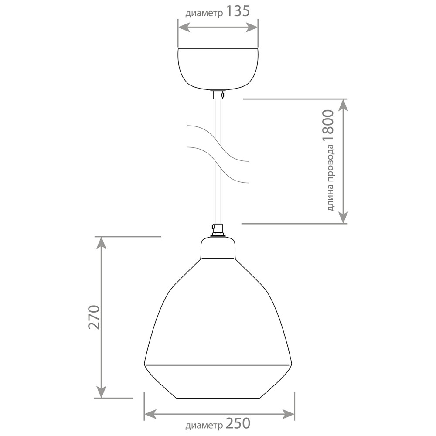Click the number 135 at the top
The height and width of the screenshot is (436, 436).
(238, 11)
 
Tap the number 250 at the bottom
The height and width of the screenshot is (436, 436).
(238, 423)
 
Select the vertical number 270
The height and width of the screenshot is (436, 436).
(94, 317)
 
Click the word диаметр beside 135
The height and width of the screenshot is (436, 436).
(204, 14)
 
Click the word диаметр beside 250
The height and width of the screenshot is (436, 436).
(204, 426)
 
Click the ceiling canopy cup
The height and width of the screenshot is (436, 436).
(218, 69)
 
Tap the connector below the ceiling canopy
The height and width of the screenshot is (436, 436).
(218, 95)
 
